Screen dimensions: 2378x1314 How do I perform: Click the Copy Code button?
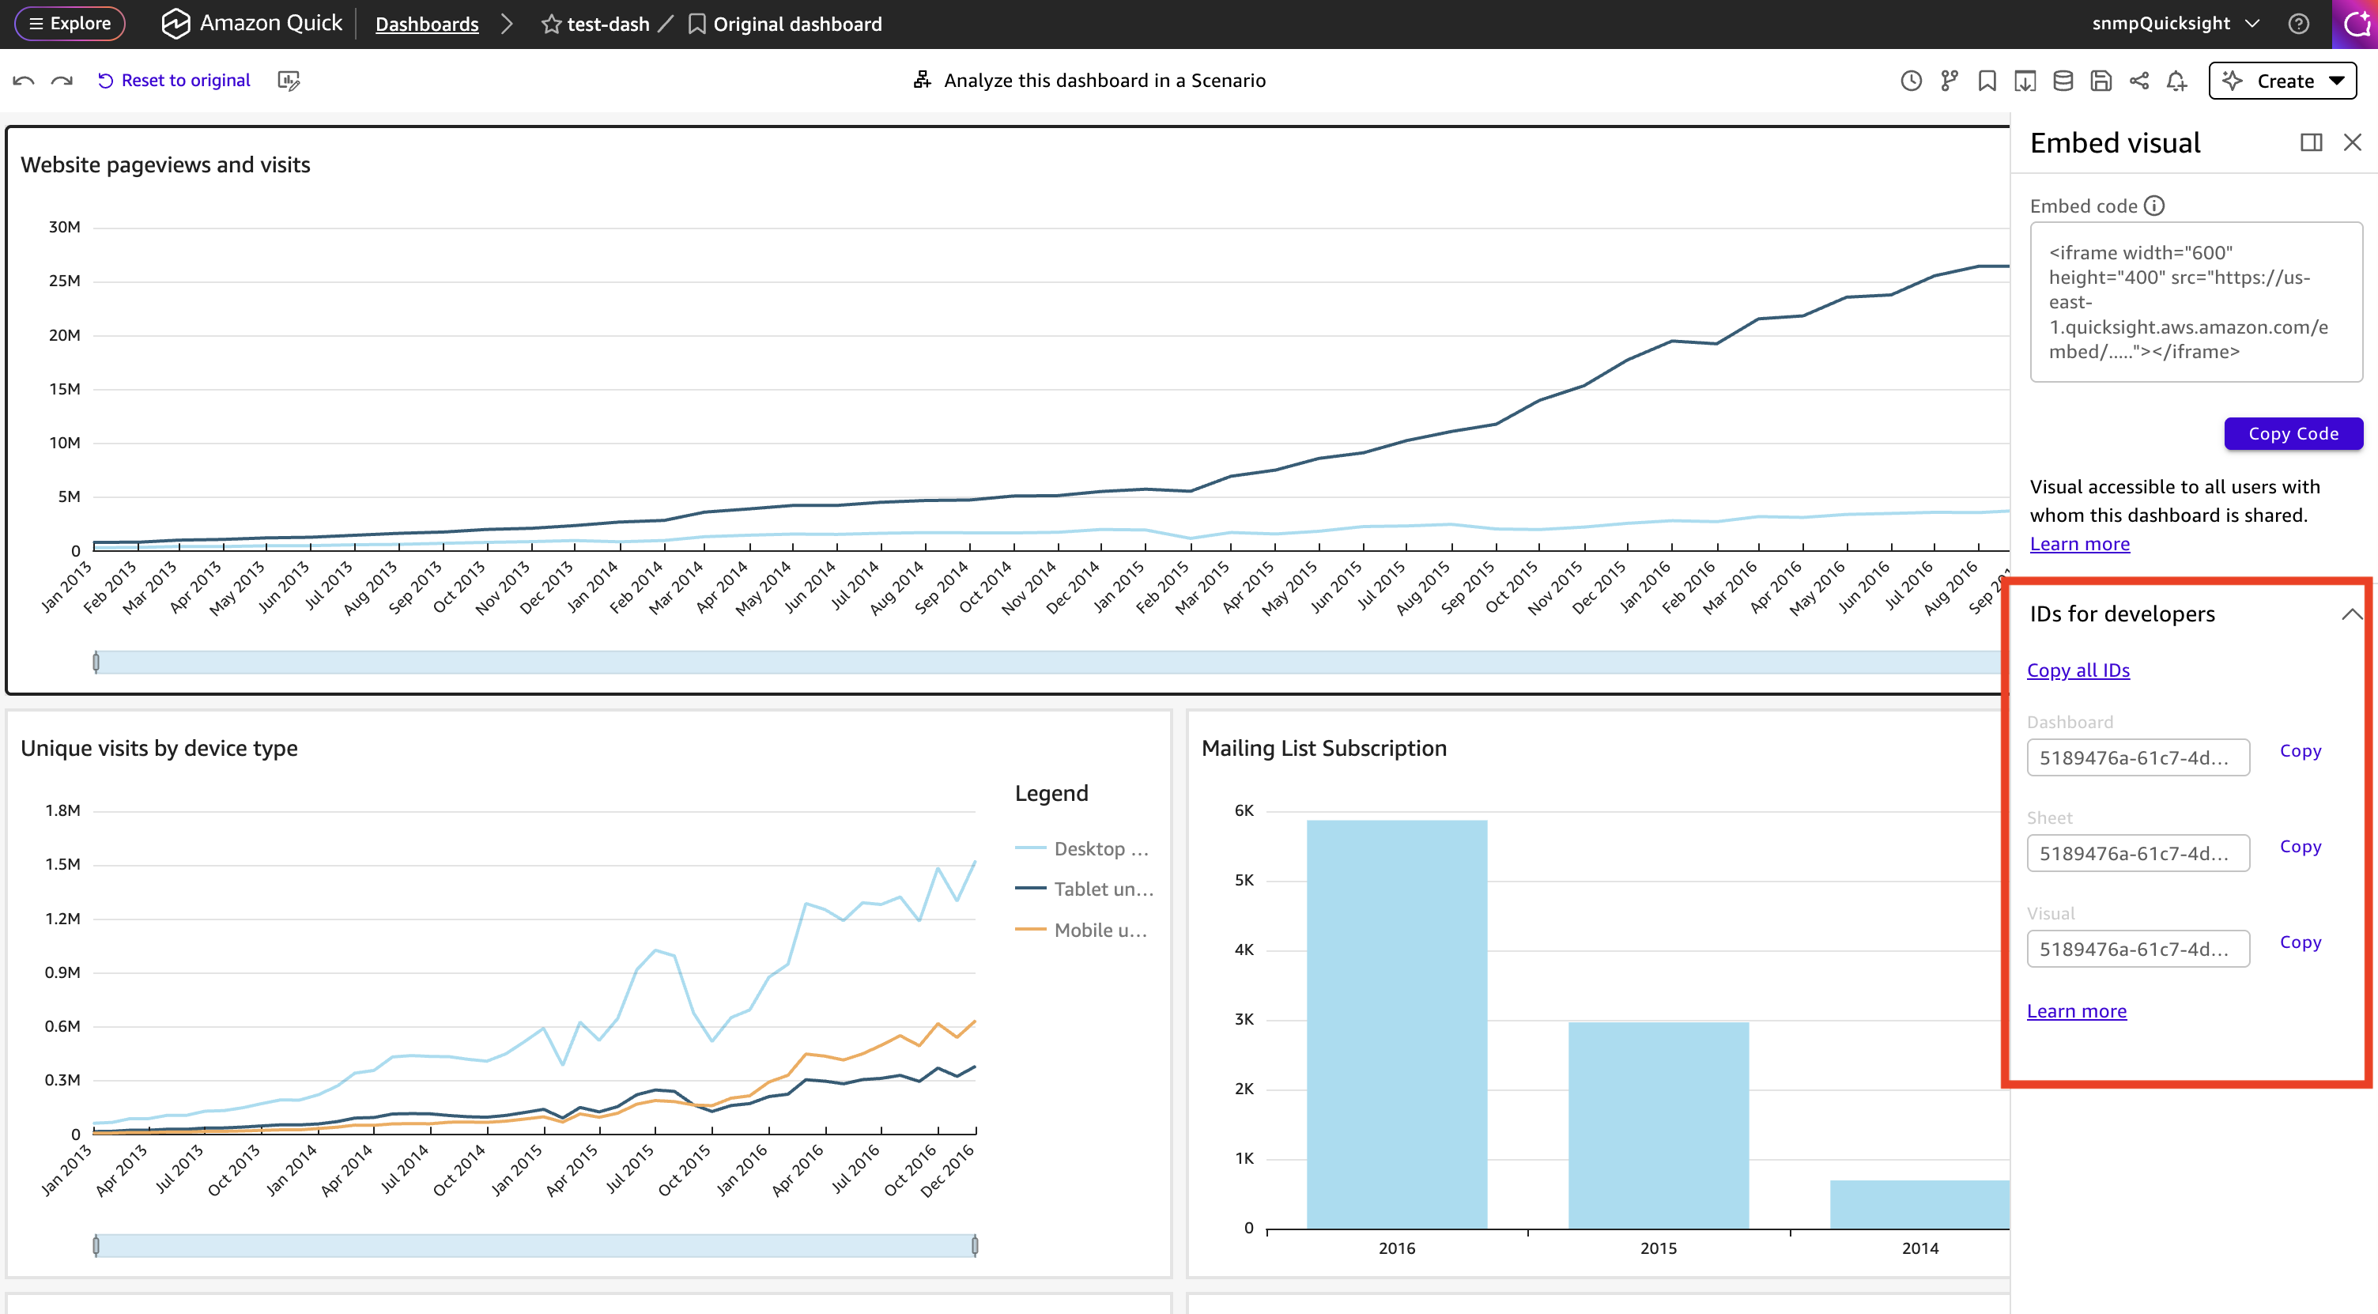[2293, 434]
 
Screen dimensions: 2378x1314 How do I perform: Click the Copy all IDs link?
[2078, 670]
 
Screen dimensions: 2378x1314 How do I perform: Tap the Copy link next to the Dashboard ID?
[2301, 751]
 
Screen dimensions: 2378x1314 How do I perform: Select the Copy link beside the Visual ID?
[2301, 942]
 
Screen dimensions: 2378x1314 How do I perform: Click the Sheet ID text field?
[2138, 853]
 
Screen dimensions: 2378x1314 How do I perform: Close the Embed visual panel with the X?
[2352, 142]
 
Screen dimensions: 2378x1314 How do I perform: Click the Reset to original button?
[174, 81]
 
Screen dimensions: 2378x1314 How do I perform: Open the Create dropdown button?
[2282, 81]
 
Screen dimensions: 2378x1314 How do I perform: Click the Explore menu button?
[70, 24]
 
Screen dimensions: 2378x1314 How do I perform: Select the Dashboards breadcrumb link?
[426, 24]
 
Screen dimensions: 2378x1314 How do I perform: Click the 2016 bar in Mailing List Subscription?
[1397, 1024]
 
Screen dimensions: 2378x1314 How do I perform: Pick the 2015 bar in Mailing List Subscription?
[1658, 1125]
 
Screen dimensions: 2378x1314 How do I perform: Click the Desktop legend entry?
[1082, 848]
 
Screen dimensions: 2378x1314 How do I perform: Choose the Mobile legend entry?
[1082, 930]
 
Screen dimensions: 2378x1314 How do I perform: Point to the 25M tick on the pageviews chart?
[65, 281]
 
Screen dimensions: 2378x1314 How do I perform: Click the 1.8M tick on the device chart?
[62, 810]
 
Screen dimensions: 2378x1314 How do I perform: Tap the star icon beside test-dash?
[551, 24]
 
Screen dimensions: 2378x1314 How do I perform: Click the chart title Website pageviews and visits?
[165, 164]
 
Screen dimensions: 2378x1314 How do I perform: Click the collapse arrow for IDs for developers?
[2351, 614]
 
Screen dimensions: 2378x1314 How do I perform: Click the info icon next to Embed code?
[2153, 206]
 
